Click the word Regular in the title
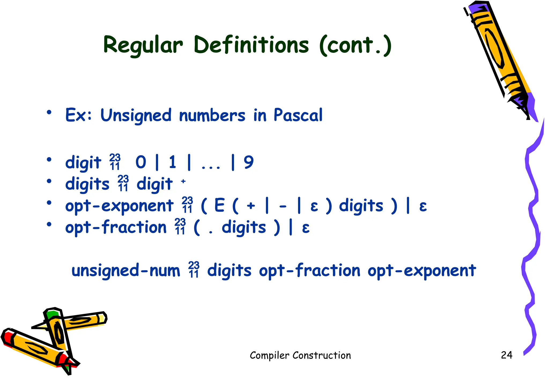pos(143,45)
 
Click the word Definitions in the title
pos(251,44)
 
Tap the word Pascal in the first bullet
pos(298,115)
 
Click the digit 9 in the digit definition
pos(248,162)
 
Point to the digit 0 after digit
pos(141,162)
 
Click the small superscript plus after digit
pos(183,181)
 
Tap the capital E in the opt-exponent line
pos(219,206)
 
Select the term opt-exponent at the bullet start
pos(119,206)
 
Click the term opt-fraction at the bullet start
pos(116,228)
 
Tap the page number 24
pos(506,355)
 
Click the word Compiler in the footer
pos(269,355)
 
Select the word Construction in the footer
pos(321,355)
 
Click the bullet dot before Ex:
pos(49,112)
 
